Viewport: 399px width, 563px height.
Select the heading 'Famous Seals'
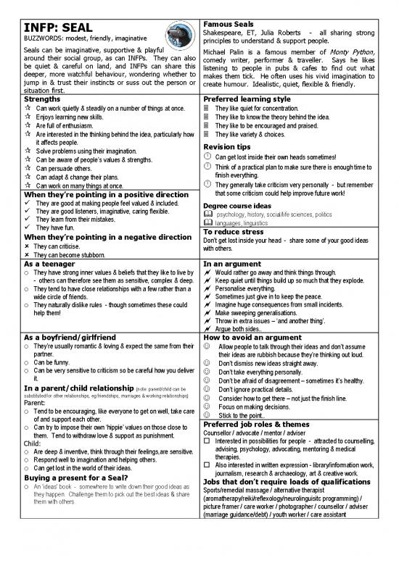229,23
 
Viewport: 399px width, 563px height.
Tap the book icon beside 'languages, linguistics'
209,223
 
